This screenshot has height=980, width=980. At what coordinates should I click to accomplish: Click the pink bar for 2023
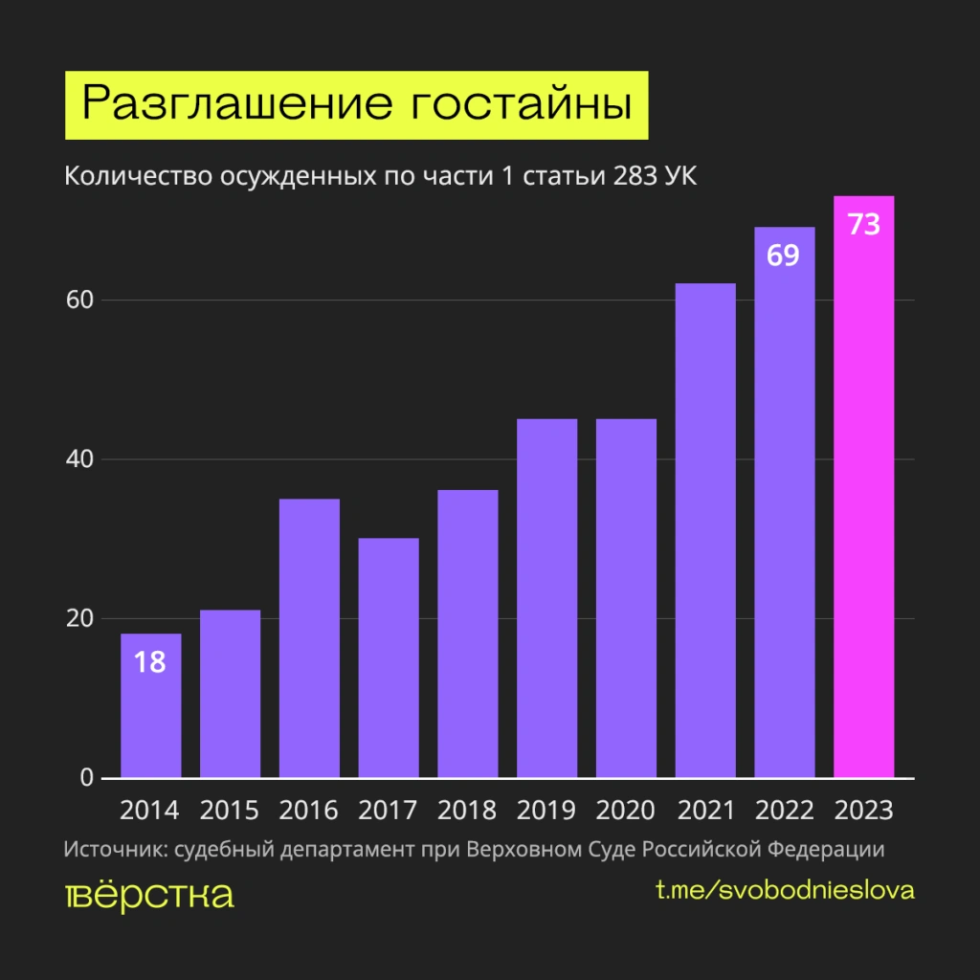(x=864, y=498)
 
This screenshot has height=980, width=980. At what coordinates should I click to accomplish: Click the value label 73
(x=864, y=226)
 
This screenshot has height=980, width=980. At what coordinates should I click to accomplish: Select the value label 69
(x=784, y=256)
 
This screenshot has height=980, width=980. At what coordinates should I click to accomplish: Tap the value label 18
(x=150, y=662)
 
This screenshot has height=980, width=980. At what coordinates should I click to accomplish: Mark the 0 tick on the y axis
(x=87, y=777)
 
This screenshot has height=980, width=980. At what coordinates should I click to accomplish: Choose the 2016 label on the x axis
(x=309, y=811)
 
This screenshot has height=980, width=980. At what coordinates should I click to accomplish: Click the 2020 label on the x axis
(x=626, y=811)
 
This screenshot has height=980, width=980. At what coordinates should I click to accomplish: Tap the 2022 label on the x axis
(x=785, y=811)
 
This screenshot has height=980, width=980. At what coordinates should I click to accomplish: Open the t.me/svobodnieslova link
(x=785, y=890)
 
